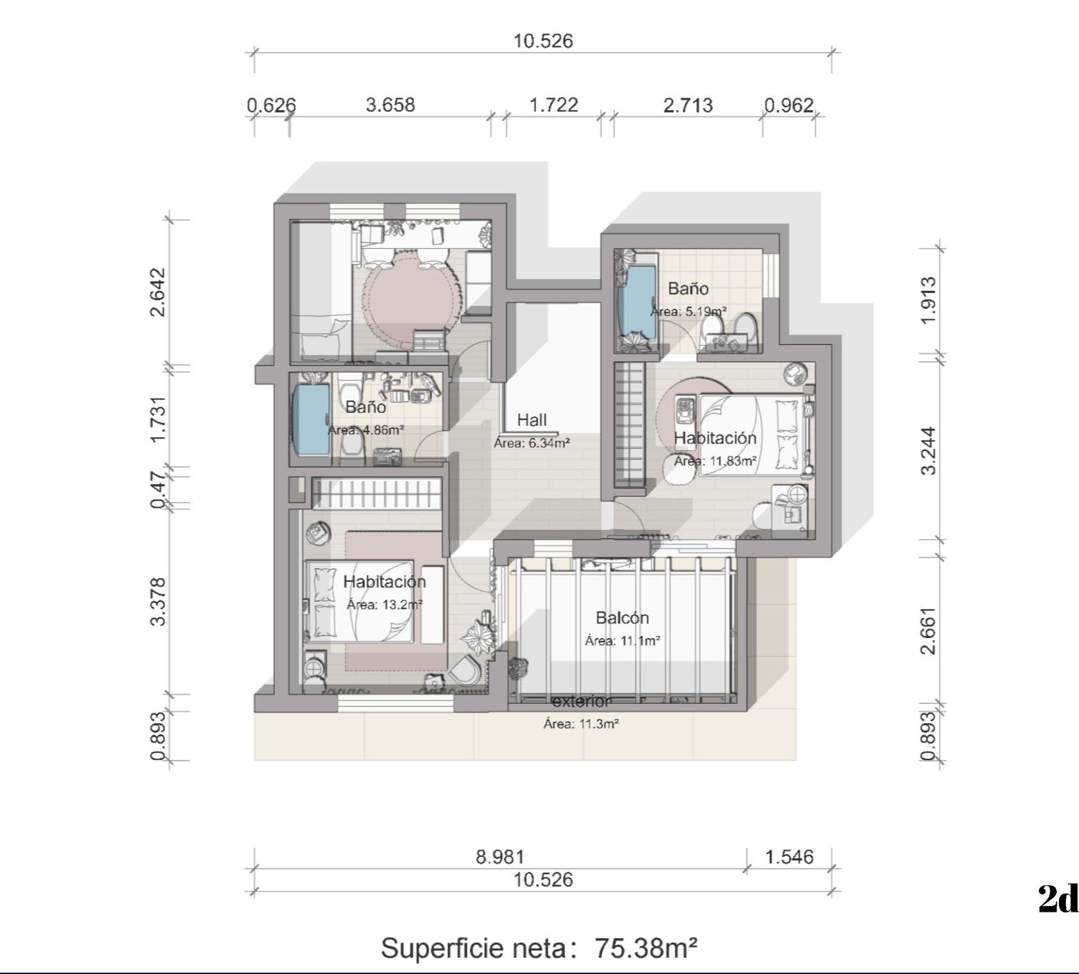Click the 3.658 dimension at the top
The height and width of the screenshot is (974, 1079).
pos(390,105)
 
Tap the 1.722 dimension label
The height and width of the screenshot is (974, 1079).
pos(553,105)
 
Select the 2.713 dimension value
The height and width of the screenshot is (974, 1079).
pos(688,105)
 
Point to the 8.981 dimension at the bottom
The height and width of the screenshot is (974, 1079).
pos(499,857)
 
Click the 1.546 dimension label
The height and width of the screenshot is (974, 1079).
pos(789,857)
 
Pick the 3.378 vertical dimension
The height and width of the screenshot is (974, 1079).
pos(159,601)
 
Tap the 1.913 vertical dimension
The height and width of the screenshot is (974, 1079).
pos(929,300)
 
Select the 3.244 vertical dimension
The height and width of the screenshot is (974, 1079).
pos(929,451)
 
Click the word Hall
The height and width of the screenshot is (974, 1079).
pos(532,420)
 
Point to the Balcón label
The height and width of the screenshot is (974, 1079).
pos(623,618)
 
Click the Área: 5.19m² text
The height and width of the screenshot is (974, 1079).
pos(688,312)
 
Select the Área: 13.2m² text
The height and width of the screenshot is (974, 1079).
pos(384,605)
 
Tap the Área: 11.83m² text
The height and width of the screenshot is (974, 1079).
pos(715,461)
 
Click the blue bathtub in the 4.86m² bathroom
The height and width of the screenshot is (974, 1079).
pos(312,420)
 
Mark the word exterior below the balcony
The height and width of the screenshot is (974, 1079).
pos(582,702)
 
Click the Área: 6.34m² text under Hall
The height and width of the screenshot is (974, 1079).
pos(532,443)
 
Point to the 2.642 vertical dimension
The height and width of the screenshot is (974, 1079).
pos(159,292)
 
